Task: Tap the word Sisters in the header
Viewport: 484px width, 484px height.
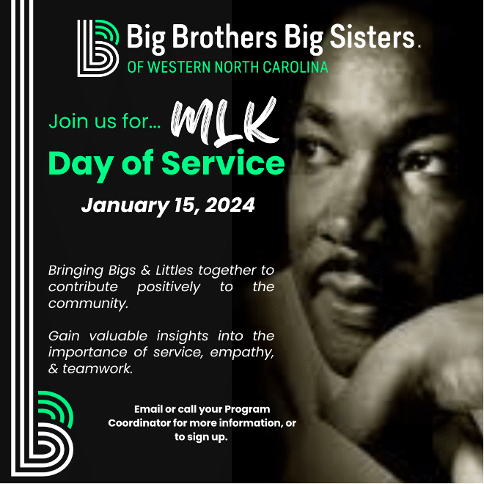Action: tap(373, 37)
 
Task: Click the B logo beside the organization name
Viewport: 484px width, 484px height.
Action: tap(98, 48)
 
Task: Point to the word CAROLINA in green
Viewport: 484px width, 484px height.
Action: tap(295, 67)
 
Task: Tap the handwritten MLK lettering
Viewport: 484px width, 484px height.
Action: tap(225, 122)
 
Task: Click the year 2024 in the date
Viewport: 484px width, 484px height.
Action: tap(230, 205)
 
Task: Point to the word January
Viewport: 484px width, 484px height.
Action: tap(125, 206)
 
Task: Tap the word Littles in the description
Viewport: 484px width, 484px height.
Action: tap(174, 270)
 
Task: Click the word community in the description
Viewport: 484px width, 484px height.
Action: tap(88, 304)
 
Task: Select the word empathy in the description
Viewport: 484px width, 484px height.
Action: tap(242, 353)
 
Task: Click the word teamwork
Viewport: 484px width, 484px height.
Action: tap(98, 369)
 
